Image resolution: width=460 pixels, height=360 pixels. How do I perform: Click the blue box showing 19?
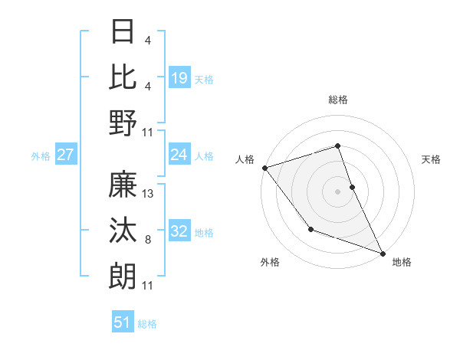tap(179, 77)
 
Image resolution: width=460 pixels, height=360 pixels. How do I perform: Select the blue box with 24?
tap(179, 155)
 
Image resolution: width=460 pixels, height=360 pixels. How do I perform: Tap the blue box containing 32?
tap(179, 231)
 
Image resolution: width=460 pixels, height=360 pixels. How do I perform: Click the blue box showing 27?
tap(65, 155)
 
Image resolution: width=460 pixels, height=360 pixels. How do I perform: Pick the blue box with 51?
tap(123, 322)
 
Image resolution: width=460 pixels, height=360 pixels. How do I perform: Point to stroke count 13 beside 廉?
tap(149, 194)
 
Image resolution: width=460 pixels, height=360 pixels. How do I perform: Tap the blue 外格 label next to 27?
tap(41, 156)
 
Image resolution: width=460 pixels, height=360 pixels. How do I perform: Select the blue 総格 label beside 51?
tap(147, 324)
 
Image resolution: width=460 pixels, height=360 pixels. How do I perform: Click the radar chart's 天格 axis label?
tap(432, 159)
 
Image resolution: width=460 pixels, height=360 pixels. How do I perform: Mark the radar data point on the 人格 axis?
tap(264, 167)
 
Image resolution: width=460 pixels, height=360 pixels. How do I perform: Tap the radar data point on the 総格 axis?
tap(337, 146)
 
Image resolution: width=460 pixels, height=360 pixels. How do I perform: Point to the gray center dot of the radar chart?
tap(337, 191)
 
